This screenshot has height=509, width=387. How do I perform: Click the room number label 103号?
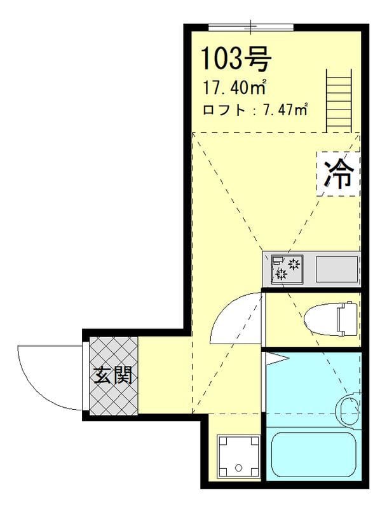click(x=236, y=59)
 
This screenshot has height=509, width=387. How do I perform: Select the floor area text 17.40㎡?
click(x=234, y=87)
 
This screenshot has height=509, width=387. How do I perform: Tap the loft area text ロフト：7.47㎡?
click(x=255, y=110)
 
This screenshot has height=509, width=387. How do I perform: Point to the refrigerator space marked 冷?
click(x=338, y=174)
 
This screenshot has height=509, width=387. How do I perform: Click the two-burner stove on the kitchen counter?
click(x=287, y=268)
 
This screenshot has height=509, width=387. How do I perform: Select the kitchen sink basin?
click(x=337, y=269)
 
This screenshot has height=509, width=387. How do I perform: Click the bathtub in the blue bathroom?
click(x=312, y=454)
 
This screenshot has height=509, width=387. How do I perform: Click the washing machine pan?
click(x=238, y=454)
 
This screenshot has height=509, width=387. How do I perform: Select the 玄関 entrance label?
click(x=114, y=376)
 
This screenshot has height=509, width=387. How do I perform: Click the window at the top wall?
click(x=251, y=27)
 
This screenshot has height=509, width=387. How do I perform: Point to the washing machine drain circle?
click(x=239, y=468)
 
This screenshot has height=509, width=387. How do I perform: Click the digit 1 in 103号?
click(x=207, y=59)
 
